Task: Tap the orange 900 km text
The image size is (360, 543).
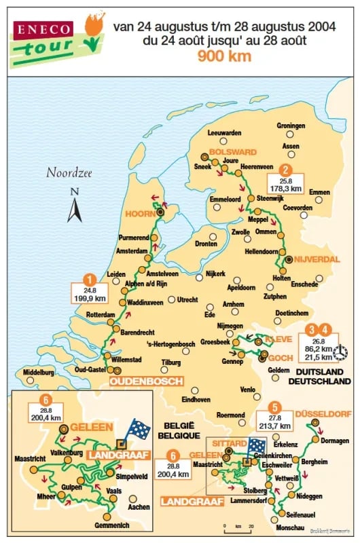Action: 224,56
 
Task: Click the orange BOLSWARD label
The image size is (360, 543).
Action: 232,151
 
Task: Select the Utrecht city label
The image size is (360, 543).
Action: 187,299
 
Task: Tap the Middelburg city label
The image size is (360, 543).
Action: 38,372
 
